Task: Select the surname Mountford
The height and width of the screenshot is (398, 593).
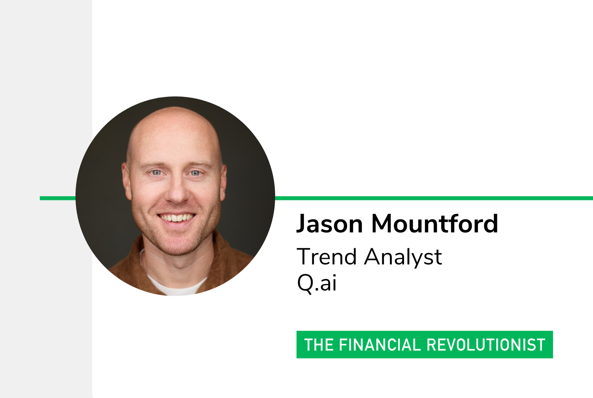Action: [x=435, y=223]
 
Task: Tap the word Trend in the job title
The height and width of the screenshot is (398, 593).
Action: [x=327, y=257]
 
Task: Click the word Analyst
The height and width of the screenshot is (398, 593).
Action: [x=403, y=257]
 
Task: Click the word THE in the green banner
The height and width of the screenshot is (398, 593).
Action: [x=319, y=345]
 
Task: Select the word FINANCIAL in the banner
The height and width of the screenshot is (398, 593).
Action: [x=380, y=345]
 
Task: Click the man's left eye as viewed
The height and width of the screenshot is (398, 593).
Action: [x=157, y=173]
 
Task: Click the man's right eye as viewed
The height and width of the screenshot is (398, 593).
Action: [x=195, y=173]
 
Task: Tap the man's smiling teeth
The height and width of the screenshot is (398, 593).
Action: [x=177, y=218]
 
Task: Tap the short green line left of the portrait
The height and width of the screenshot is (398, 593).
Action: [x=58, y=198]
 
